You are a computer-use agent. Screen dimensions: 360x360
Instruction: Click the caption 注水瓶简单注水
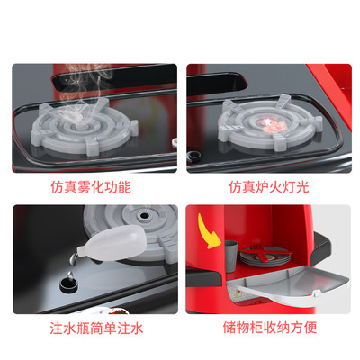(92, 328)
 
